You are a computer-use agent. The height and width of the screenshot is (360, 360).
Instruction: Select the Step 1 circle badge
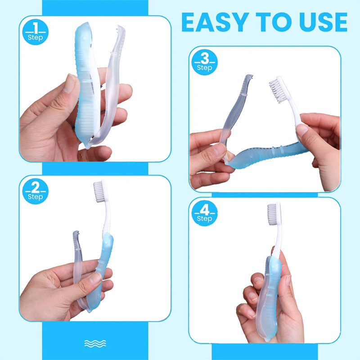tap(36, 32)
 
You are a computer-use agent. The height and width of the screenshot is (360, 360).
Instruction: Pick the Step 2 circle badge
tap(36, 191)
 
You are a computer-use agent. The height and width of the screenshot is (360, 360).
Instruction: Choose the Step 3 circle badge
tap(204, 62)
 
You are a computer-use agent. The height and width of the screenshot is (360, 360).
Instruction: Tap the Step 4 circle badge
tap(204, 213)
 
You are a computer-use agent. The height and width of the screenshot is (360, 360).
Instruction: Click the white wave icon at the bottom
tap(95, 343)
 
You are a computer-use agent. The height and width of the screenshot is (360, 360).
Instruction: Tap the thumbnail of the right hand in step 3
tap(301, 130)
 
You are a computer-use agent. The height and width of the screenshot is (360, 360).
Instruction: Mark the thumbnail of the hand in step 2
tap(95, 279)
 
